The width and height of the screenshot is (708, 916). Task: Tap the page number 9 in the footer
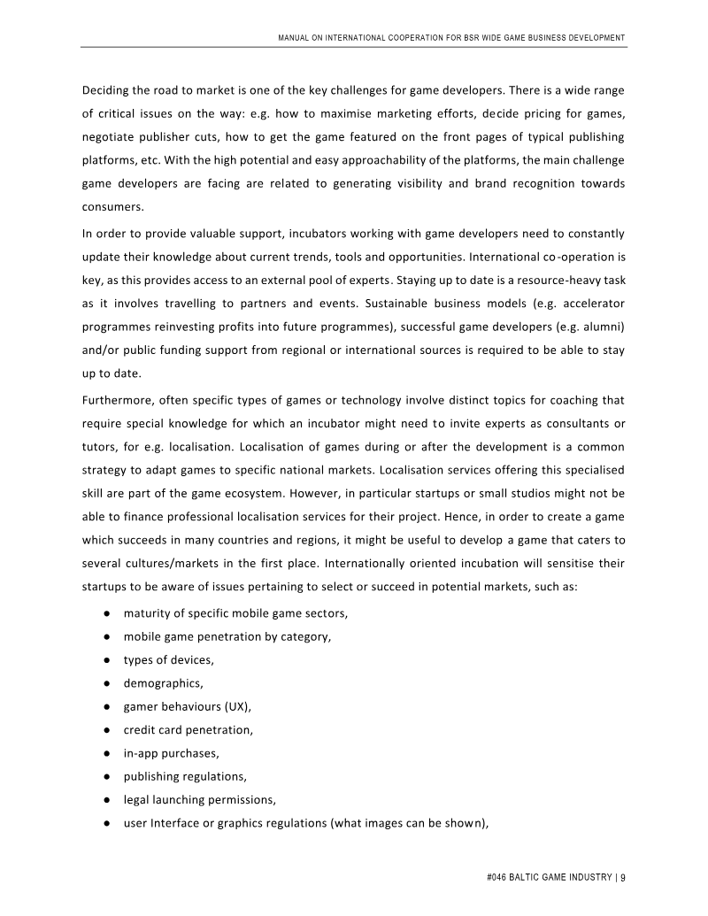click(x=623, y=877)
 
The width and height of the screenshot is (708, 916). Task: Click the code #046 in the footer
click(x=499, y=877)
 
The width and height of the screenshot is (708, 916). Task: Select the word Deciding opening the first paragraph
click(x=110, y=90)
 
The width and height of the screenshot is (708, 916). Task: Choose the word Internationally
click(x=369, y=563)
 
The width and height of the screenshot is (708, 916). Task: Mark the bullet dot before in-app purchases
click(x=105, y=753)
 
